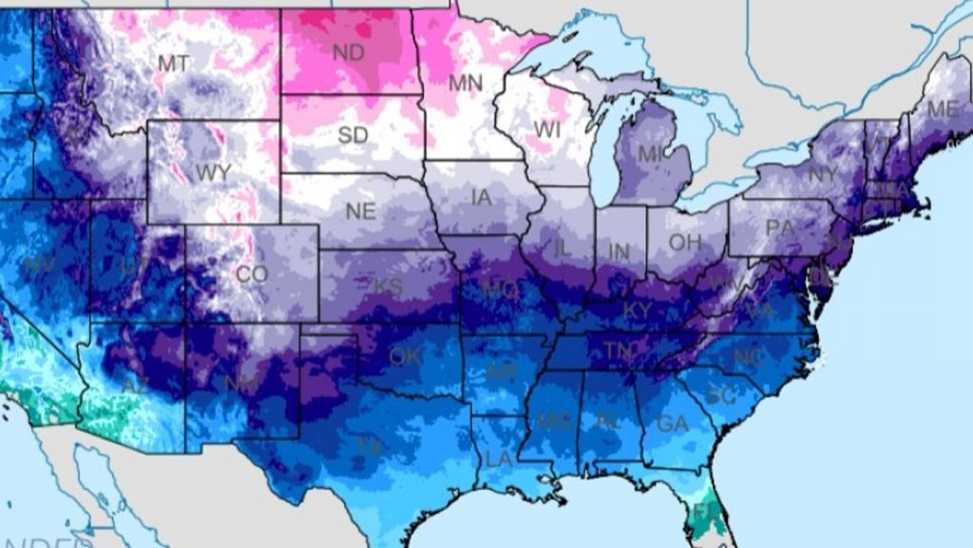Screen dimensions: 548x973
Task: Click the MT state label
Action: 172,64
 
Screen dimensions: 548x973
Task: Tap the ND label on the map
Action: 349,53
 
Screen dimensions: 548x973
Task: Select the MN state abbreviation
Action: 466,84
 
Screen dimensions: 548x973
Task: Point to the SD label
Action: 353,136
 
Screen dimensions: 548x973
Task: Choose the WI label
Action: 547,128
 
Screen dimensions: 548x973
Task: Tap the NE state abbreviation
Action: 360,212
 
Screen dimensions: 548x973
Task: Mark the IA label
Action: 482,199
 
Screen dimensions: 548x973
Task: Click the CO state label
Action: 252,275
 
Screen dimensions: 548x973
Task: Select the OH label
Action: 684,243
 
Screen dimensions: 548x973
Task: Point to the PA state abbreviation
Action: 779,228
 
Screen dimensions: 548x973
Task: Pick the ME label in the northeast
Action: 942,110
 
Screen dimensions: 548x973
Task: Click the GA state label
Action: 672,424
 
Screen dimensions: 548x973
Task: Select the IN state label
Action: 619,252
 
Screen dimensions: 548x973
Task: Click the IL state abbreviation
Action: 562,248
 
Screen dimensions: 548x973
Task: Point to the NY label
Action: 822,175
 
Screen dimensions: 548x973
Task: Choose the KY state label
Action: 637,311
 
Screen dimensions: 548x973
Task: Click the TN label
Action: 619,352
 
